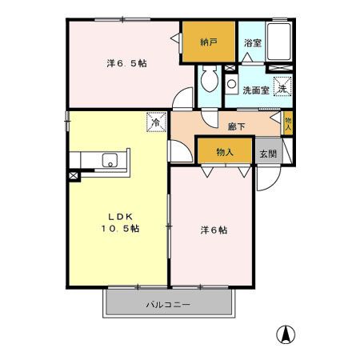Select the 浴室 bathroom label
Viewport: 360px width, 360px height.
(252, 42)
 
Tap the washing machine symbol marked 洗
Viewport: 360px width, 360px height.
(282, 88)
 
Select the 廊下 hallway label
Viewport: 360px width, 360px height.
(236, 126)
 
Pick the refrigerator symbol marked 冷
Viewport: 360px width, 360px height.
(155, 122)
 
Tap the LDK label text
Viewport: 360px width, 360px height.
(120, 215)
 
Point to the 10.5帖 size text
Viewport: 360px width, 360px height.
(120, 229)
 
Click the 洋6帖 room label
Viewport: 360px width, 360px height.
(213, 230)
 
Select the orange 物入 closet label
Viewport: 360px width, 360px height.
(224, 151)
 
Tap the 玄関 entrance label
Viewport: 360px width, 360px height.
(266, 151)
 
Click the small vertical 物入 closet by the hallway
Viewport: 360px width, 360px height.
(288, 123)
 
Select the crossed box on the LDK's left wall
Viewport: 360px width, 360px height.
(74, 174)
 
